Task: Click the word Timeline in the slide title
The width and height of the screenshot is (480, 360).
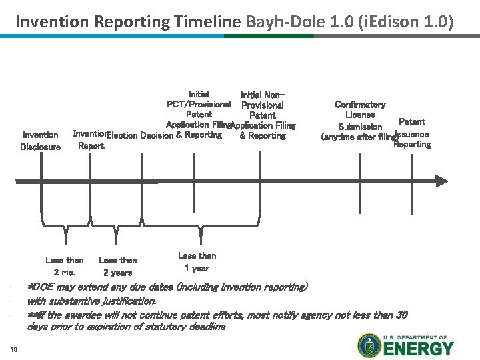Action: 207,22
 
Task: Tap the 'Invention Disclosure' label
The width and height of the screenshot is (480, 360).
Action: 41,141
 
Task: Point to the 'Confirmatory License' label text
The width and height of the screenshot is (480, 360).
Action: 360,109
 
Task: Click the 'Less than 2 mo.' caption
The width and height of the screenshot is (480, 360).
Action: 65,266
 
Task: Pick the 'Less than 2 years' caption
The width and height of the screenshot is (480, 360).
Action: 117,266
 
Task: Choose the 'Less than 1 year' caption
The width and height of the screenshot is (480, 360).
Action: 197,261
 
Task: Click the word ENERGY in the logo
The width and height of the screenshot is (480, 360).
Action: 417,348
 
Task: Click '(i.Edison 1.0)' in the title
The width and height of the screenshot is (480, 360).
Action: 405,22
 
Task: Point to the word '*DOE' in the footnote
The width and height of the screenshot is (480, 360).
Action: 42,287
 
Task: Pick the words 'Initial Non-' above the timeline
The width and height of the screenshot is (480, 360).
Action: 263,94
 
